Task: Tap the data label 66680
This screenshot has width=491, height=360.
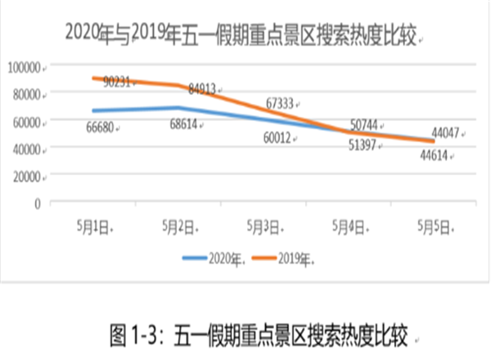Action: coord(102,128)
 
